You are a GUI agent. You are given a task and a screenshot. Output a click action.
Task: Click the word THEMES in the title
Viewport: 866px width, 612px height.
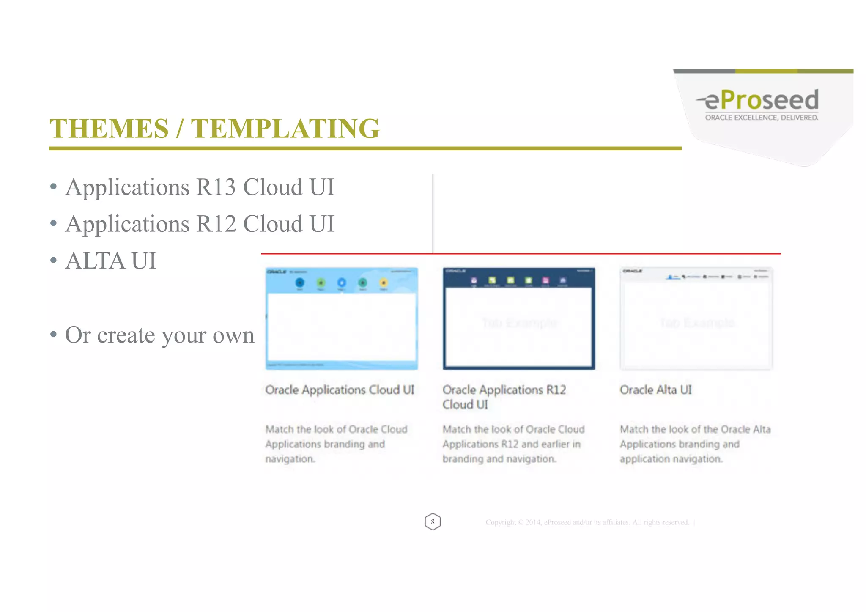click(109, 129)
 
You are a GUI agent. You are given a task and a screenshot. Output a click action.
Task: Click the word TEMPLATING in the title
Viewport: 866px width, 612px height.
click(285, 129)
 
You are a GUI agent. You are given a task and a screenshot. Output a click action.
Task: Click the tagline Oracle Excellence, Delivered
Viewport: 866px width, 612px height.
click(761, 118)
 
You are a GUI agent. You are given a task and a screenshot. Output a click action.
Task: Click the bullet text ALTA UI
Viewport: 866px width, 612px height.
click(111, 261)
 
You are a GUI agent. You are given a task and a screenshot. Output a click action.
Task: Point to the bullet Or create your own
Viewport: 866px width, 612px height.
click(159, 335)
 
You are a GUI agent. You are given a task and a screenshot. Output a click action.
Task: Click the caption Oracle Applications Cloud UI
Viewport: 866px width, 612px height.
click(340, 390)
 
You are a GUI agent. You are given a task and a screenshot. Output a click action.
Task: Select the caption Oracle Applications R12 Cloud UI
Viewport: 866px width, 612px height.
click(504, 397)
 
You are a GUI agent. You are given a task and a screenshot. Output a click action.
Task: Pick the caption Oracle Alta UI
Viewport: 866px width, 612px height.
click(655, 390)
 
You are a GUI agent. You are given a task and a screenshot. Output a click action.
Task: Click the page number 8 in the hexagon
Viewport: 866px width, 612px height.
click(433, 521)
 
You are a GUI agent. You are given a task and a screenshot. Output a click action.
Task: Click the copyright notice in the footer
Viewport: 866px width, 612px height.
click(587, 522)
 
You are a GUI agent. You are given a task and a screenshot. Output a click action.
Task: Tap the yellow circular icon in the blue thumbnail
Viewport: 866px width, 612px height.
click(384, 283)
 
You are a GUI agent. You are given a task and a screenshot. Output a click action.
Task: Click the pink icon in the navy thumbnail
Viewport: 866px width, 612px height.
click(545, 280)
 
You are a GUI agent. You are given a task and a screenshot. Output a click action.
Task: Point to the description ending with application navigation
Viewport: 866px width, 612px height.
click(695, 444)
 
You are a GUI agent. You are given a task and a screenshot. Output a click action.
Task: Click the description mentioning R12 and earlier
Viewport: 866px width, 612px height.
click(513, 444)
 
